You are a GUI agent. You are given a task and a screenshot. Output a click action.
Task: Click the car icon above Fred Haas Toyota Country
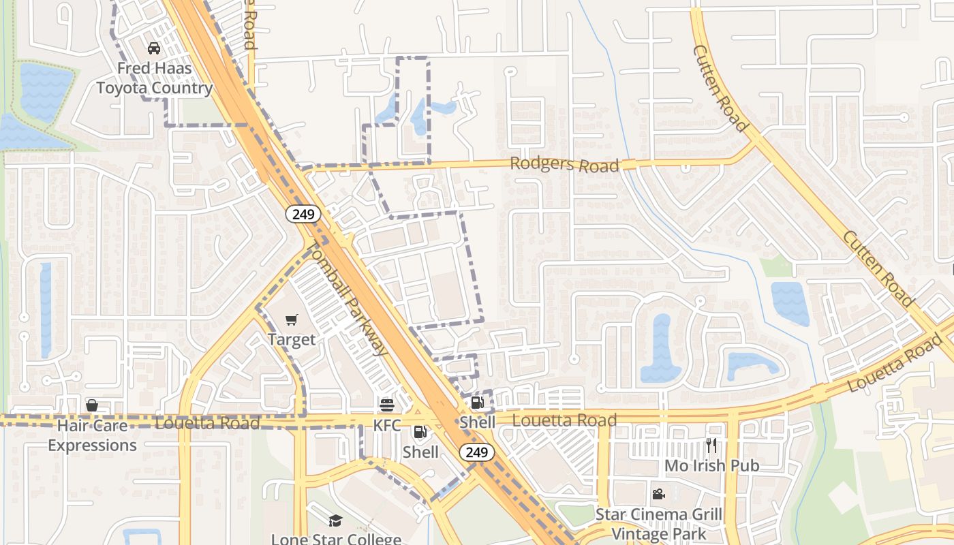(x=154, y=48)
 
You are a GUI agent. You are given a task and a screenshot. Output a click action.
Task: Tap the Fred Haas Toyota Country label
(x=155, y=78)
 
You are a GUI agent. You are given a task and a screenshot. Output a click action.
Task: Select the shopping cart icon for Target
(x=292, y=320)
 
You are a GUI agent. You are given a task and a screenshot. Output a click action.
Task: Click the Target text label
(x=292, y=339)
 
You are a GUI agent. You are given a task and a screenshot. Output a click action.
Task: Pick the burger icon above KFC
(x=387, y=405)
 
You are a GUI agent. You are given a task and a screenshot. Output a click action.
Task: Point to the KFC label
(x=387, y=425)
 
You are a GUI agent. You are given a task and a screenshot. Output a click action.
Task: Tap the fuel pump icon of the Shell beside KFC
(x=420, y=432)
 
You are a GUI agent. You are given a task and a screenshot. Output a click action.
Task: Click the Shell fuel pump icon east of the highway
(x=477, y=403)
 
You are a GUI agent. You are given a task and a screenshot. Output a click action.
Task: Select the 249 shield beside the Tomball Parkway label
(x=303, y=215)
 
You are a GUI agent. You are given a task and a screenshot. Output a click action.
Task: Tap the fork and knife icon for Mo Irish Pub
(x=711, y=446)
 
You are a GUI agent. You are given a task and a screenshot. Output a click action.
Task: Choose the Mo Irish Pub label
(x=711, y=466)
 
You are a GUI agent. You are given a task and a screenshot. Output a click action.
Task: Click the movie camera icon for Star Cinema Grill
(x=658, y=494)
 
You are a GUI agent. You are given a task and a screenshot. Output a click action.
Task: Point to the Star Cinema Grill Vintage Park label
(x=658, y=524)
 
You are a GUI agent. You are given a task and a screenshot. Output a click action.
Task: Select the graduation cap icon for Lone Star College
(x=335, y=521)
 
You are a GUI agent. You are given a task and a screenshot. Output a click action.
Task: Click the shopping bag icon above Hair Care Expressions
(x=92, y=405)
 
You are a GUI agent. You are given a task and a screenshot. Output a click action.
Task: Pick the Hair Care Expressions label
(x=92, y=435)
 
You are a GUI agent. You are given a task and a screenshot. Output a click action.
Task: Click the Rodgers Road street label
(x=565, y=164)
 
